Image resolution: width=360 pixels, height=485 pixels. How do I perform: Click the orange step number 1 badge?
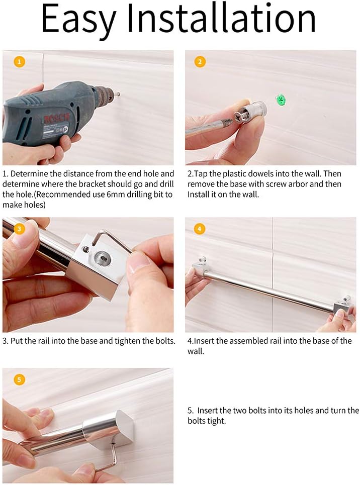point(19,61)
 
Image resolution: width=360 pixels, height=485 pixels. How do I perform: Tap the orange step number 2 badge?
point(200,61)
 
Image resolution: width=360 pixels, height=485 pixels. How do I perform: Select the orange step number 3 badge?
point(19,229)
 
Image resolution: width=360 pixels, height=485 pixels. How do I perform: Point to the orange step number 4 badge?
point(199,229)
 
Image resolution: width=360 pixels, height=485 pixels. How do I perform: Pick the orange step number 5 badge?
point(19,379)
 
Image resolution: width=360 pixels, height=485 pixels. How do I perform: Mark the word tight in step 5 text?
point(216,421)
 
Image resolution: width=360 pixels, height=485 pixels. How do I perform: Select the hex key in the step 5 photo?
point(108,458)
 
